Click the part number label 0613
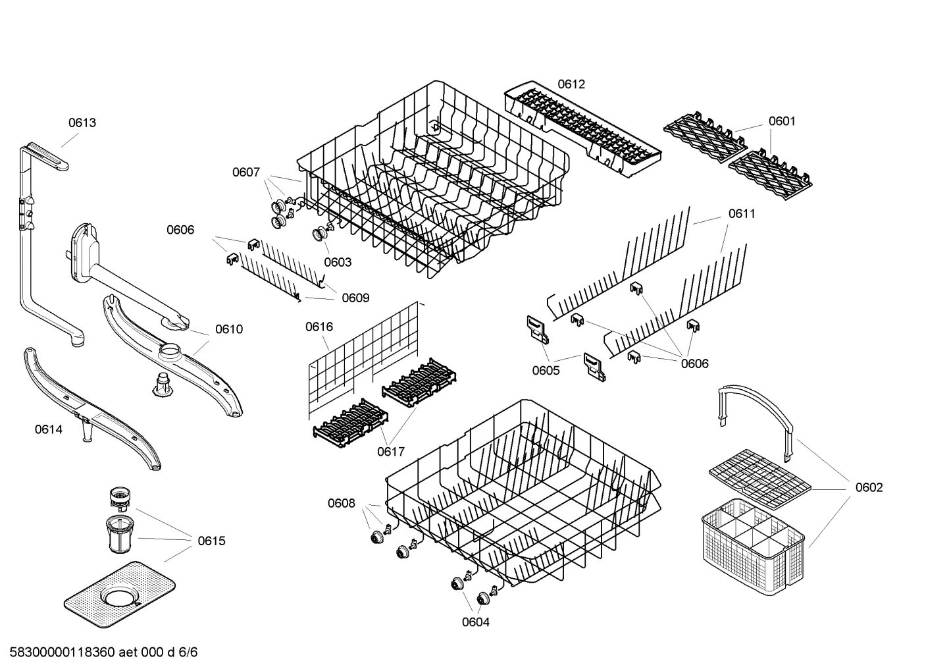tap(82, 122)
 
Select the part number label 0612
tap(571, 84)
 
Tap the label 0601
tap(782, 121)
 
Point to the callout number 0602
tap(869, 488)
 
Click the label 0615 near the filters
tap(211, 541)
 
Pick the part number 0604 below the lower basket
tap(475, 622)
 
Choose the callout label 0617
tap(391, 452)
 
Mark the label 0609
tap(355, 298)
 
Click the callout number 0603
tap(338, 262)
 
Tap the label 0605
tap(546, 371)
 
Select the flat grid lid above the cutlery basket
tap(760, 479)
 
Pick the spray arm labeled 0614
tap(92, 408)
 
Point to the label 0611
tap(742, 214)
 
